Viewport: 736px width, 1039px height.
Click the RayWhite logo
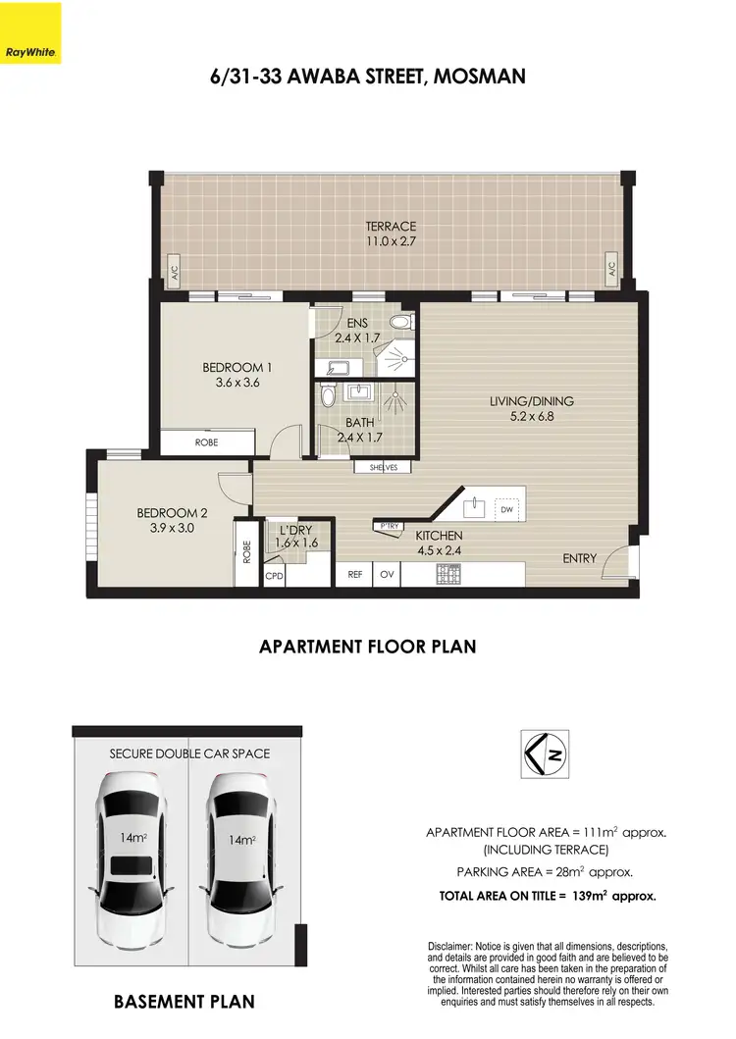(30, 32)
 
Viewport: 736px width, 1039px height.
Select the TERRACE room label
(392, 227)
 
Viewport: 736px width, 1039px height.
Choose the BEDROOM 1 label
(237, 368)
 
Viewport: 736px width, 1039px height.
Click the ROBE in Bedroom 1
(207, 442)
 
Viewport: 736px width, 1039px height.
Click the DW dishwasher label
(506, 510)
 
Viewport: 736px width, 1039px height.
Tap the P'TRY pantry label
(389, 527)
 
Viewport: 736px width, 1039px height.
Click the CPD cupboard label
(274, 577)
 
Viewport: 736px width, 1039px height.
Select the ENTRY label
(579, 558)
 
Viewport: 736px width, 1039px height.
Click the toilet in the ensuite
(400, 323)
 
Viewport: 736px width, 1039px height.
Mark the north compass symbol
(543, 754)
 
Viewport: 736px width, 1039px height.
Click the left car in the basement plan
(131, 845)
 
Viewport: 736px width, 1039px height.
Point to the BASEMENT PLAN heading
(184, 1002)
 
